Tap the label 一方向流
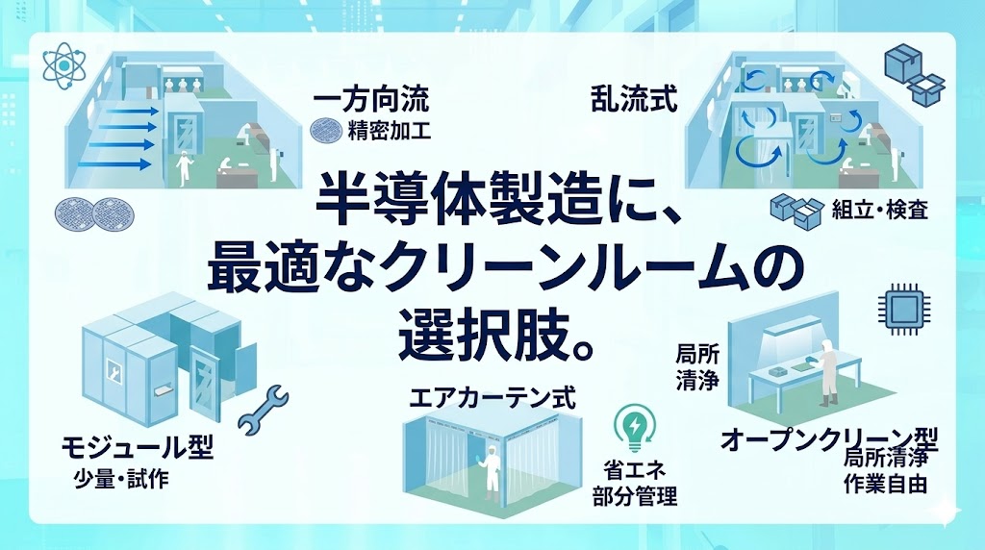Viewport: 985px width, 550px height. coord(370,98)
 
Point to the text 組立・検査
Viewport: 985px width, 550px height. coord(879,209)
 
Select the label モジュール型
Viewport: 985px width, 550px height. coord(137,447)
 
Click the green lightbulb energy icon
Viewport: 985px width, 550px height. coord(635,430)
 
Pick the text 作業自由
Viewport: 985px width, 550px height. coord(885,484)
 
